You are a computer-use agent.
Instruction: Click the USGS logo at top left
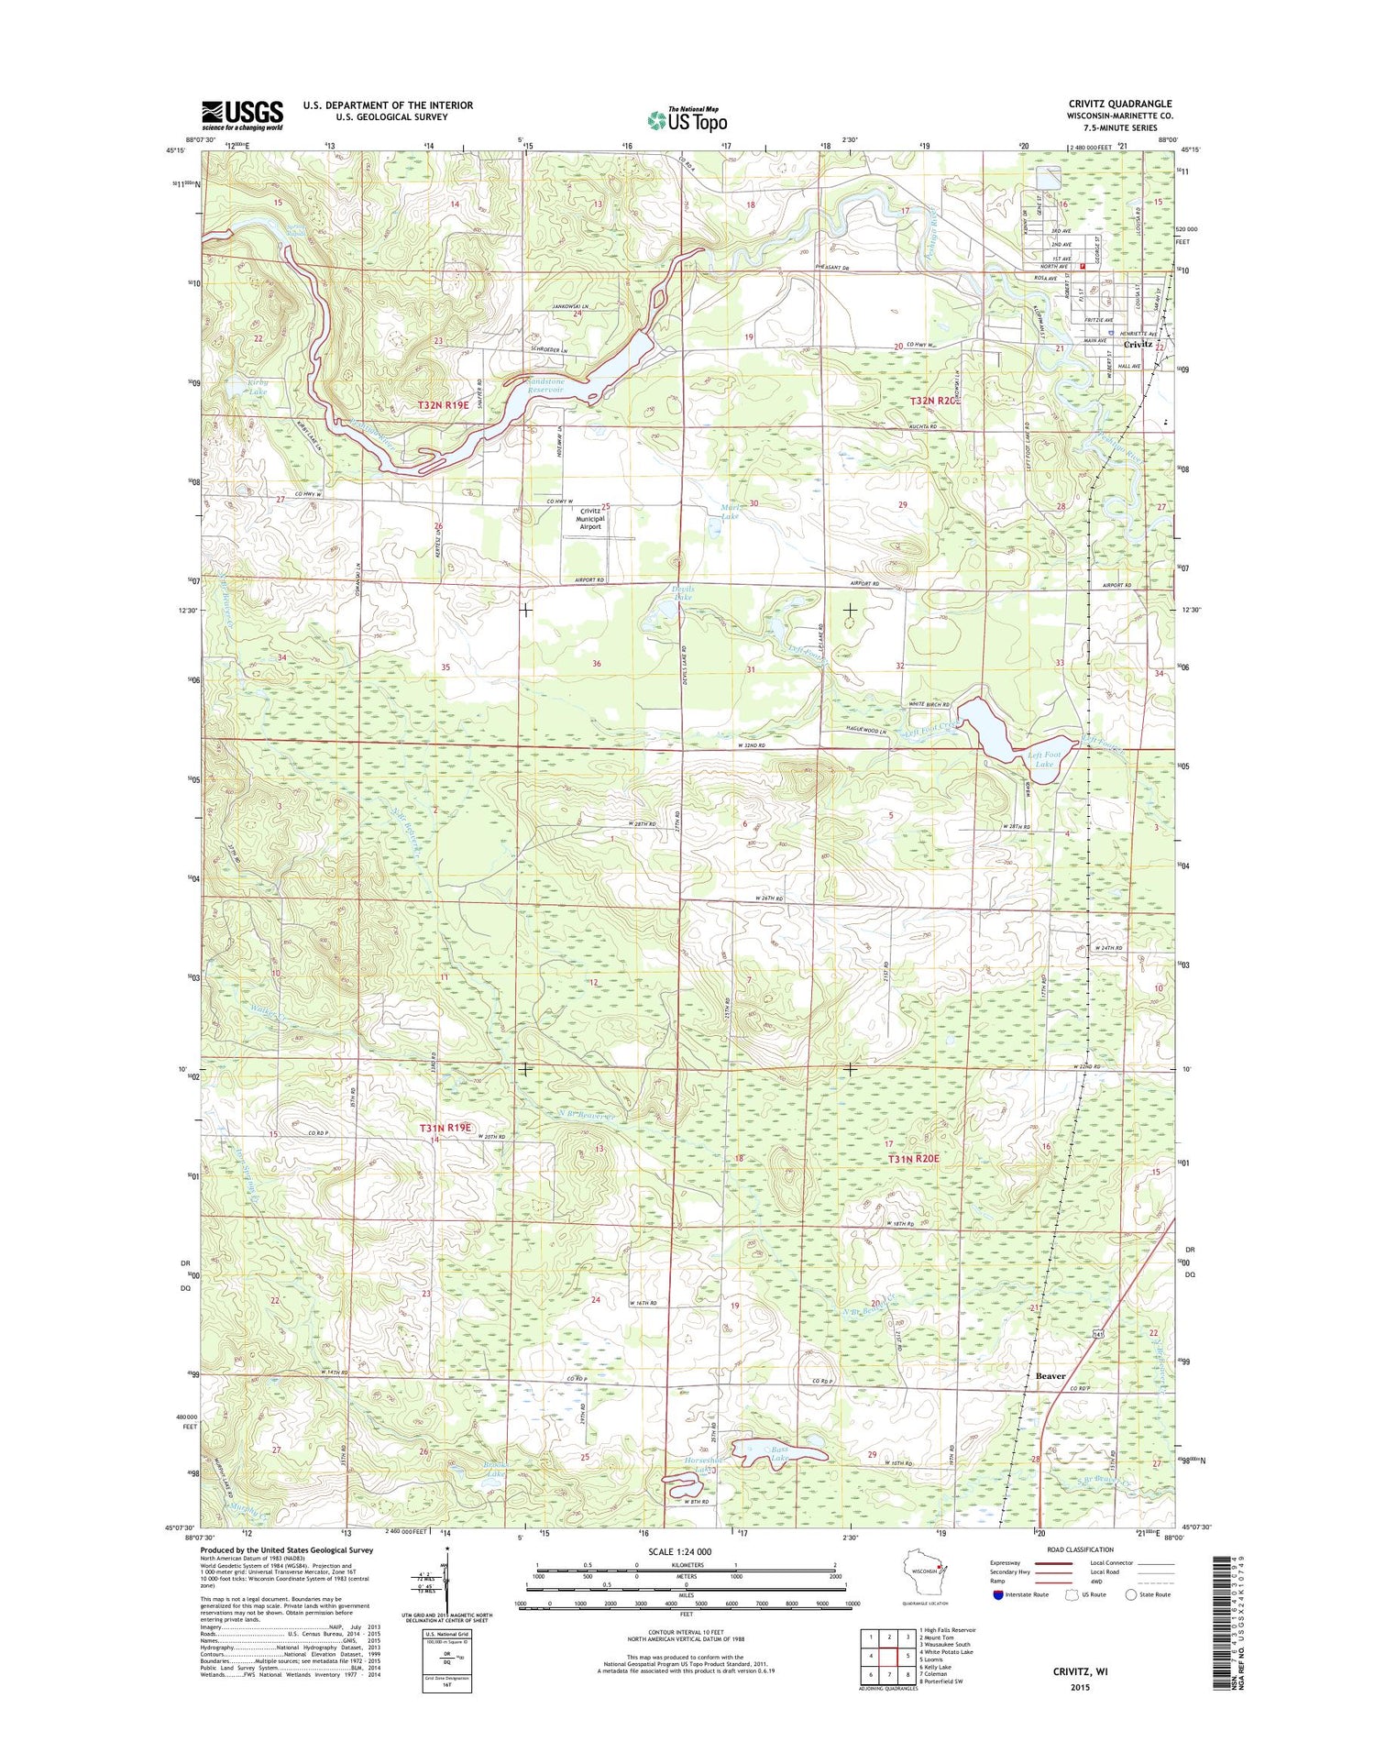[x=242, y=116]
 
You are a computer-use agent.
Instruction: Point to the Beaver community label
[x=1050, y=1376]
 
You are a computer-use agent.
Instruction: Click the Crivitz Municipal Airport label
[x=589, y=519]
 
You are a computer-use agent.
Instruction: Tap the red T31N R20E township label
[x=913, y=1159]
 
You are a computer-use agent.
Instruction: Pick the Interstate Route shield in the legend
[x=998, y=1594]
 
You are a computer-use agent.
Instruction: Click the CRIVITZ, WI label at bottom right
[x=1080, y=1671]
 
